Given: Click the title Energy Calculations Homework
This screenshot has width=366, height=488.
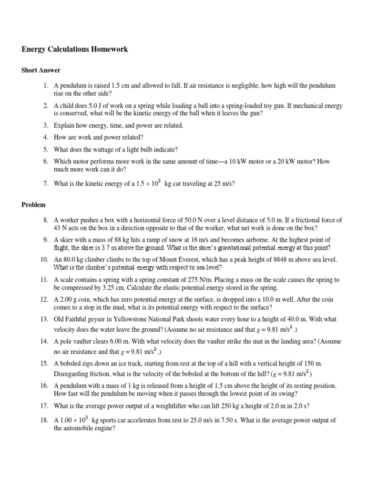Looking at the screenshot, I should click(x=75, y=49).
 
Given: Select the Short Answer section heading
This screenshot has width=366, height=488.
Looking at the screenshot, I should click(x=41, y=70).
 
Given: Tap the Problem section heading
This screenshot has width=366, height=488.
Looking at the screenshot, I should click(x=33, y=205).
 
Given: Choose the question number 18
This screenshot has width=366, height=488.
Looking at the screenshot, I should click(x=44, y=420).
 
